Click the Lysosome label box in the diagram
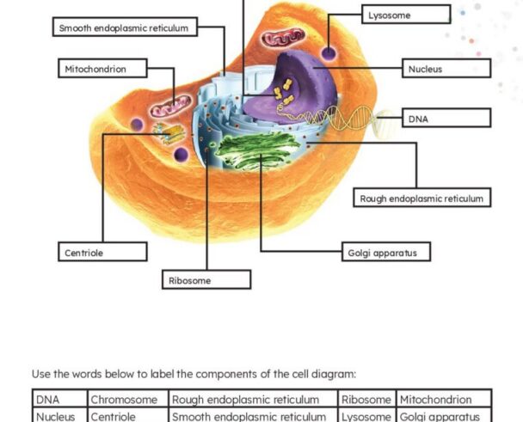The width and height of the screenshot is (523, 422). point(406,15)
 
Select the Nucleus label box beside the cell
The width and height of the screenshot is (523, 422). point(446,69)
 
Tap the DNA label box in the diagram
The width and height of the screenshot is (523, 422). point(446,118)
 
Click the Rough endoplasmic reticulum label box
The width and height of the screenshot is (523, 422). point(422,198)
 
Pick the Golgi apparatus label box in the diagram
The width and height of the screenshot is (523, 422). point(386,252)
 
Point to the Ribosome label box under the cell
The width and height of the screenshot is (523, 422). point(206,279)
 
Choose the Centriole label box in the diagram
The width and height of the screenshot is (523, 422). point(102,252)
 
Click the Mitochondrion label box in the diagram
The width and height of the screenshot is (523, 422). point(102,69)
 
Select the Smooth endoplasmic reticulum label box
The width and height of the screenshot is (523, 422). point(125,27)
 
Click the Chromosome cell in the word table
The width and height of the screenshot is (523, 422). point(128,398)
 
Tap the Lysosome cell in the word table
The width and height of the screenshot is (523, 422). point(366,415)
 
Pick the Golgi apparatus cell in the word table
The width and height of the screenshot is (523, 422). point(444,415)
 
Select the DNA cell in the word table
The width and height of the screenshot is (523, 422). point(59,398)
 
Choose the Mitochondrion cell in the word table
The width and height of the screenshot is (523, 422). point(444,398)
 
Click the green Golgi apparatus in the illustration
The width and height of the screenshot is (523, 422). point(257,150)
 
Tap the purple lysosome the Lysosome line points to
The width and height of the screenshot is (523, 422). point(329,53)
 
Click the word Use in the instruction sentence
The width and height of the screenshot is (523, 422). point(41,374)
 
